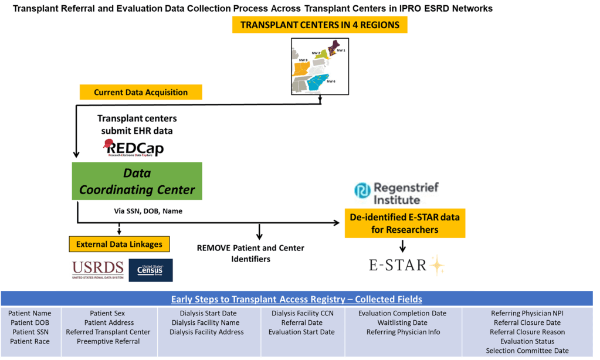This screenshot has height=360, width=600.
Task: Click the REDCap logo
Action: pyautogui.click(x=135, y=148)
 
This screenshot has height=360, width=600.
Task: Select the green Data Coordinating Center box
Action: pyautogui.click(x=137, y=182)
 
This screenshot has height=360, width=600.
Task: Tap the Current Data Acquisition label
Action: pyautogui.click(x=141, y=93)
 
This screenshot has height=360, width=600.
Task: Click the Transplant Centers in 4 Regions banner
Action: pyautogui.click(x=320, y=25)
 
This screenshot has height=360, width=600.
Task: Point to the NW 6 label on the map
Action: pyautogui.click(x=331, y=81)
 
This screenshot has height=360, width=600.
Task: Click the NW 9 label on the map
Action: pyautogui.click(x=303, y=60)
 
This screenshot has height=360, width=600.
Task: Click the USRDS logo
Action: pyautogui.click(x=98, y=270)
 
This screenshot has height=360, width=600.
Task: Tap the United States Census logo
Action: pyautogui.click(x=151, y=270)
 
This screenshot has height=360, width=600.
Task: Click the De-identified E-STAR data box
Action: pyautogui.click(x=405, y=223)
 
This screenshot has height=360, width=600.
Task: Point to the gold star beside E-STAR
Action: pyautogui.click(x=436, y=266)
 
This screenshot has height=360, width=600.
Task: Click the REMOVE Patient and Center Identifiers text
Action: pyautogui.click(x=250, y=253)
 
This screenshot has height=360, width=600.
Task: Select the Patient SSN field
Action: pyautogui.click(x=30, y=332)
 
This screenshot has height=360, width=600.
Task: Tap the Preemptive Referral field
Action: pyautogui.click(x=108, y=341)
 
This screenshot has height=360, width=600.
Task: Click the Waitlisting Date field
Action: pyautogui.click(x=402, y=322)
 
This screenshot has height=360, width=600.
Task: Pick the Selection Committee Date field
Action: pyautogui.click(x=527, y=351)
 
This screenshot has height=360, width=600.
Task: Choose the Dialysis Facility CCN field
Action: pyautogui.click(x=302, y=313)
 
